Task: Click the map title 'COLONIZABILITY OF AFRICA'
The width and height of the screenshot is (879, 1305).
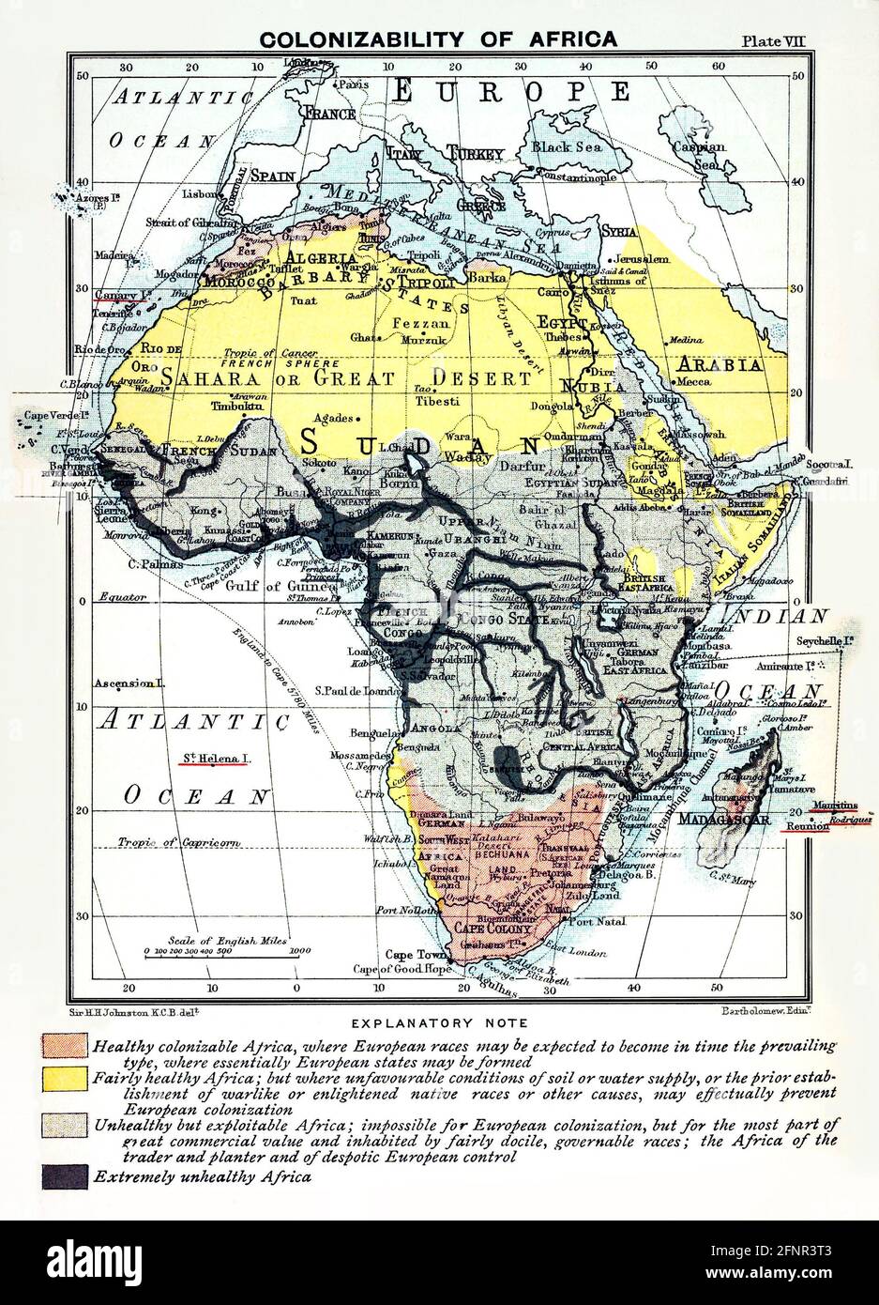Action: click(x=438, y=39)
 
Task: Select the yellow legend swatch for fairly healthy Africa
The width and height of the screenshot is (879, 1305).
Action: click(x=65, y=1079)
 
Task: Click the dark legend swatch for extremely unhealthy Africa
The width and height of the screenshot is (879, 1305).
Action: click(x=65, y=1175)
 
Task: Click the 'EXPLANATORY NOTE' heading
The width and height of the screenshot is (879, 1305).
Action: click(x=439, y=1022)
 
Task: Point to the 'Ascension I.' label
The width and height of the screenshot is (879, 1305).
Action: click(x=129, y=683)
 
